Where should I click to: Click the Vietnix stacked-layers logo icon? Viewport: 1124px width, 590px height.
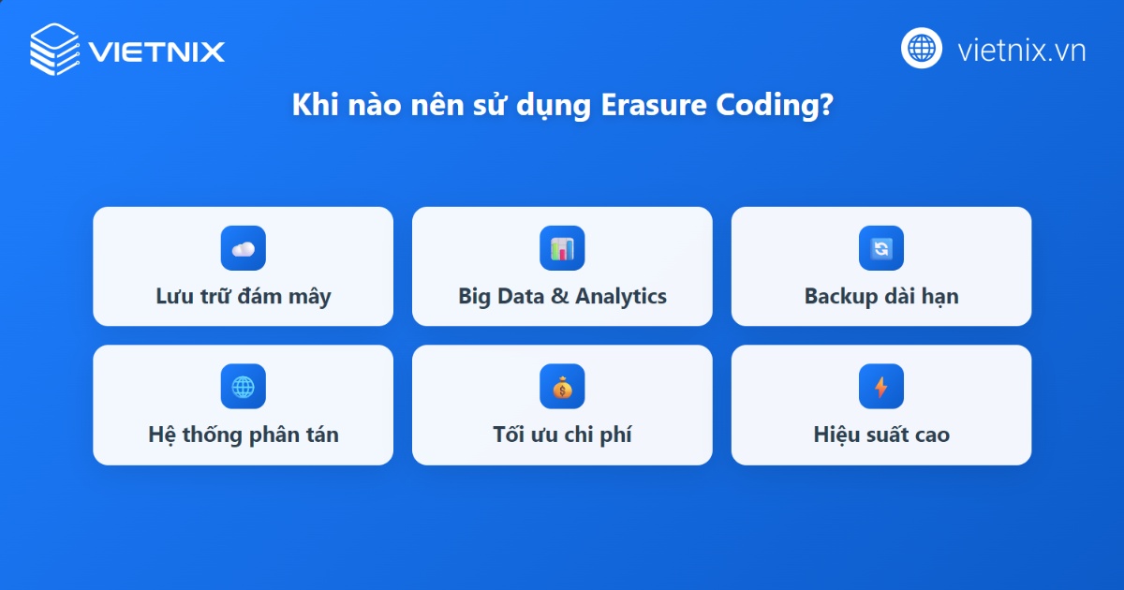tap(55, 49)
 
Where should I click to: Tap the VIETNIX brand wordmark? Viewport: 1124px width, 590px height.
tap(156, 50)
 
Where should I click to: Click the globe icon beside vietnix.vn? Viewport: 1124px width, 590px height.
tap(922, 48)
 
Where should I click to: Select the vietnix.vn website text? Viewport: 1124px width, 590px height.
tap(1021, 50)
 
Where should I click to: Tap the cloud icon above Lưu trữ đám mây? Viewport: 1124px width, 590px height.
tap(244, 248)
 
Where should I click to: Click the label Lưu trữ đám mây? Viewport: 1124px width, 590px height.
tap(244, 297)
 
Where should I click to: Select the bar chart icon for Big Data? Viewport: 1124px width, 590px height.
tap(562, 248)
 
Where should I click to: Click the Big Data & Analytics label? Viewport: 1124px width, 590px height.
tap(562, 297)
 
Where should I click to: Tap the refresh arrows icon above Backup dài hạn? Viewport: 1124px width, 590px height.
tap(881, 248)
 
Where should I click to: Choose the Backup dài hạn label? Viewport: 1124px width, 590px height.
tap(881, 297)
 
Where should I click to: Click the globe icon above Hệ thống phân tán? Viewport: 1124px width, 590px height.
tap(244, 386)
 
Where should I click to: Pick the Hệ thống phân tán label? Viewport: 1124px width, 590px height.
tap(244, 435)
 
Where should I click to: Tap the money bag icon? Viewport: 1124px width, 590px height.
tap(562, 386)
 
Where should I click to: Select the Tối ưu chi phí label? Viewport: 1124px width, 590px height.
tap(562, 435)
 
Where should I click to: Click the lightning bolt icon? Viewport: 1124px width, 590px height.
tap(881, 386)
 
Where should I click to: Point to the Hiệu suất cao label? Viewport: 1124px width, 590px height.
tap(881, 435)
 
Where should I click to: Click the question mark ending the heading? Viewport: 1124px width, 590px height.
tap(825, 106)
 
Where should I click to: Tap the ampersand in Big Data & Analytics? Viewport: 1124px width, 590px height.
tap(559, 297)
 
